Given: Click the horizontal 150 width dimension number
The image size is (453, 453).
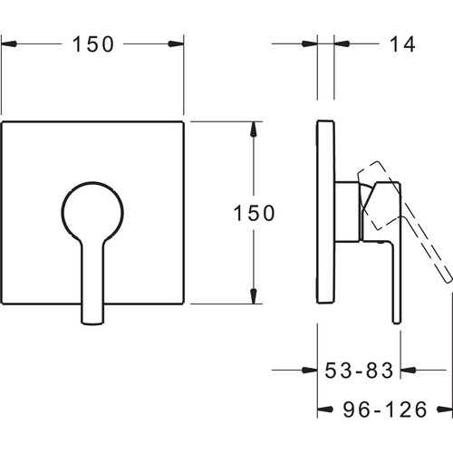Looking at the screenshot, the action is coord(93,44).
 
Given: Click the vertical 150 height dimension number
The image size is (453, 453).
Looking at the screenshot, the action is coord(255,213).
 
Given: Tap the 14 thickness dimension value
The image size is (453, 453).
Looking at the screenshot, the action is coord(402,44).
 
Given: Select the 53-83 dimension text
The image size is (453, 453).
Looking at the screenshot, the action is coord(359,370).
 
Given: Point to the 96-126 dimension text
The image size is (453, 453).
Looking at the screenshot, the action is coord(385,410).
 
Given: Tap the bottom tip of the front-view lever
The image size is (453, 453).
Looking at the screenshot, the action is coord(93,323).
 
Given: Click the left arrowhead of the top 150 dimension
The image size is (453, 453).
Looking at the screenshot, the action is coord(8,43).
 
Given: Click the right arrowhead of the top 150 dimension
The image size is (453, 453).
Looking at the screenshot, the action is coord(176,43).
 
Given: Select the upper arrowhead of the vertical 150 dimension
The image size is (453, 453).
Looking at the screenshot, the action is coord(254,129).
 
